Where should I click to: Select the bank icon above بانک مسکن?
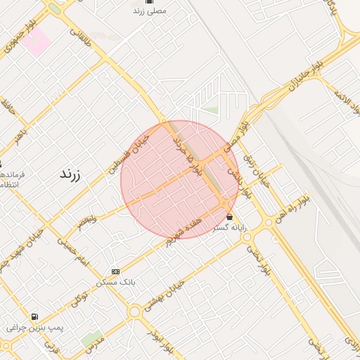115,271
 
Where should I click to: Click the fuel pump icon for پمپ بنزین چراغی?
34,317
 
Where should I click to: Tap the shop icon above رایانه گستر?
230,217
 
